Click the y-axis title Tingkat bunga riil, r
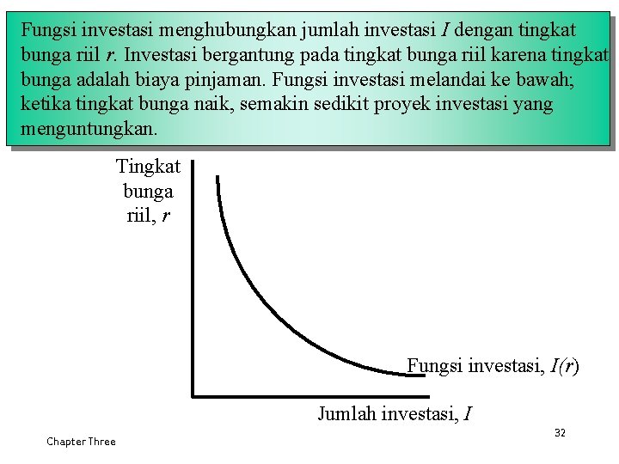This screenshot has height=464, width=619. [x=148, y=192]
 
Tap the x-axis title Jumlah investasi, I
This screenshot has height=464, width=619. [x=394, y=414]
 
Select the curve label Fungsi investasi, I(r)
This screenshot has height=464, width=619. [x=493, y=366]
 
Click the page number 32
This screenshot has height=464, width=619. [x=560, y=432]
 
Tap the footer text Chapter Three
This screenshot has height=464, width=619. [x=81, y=442]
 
